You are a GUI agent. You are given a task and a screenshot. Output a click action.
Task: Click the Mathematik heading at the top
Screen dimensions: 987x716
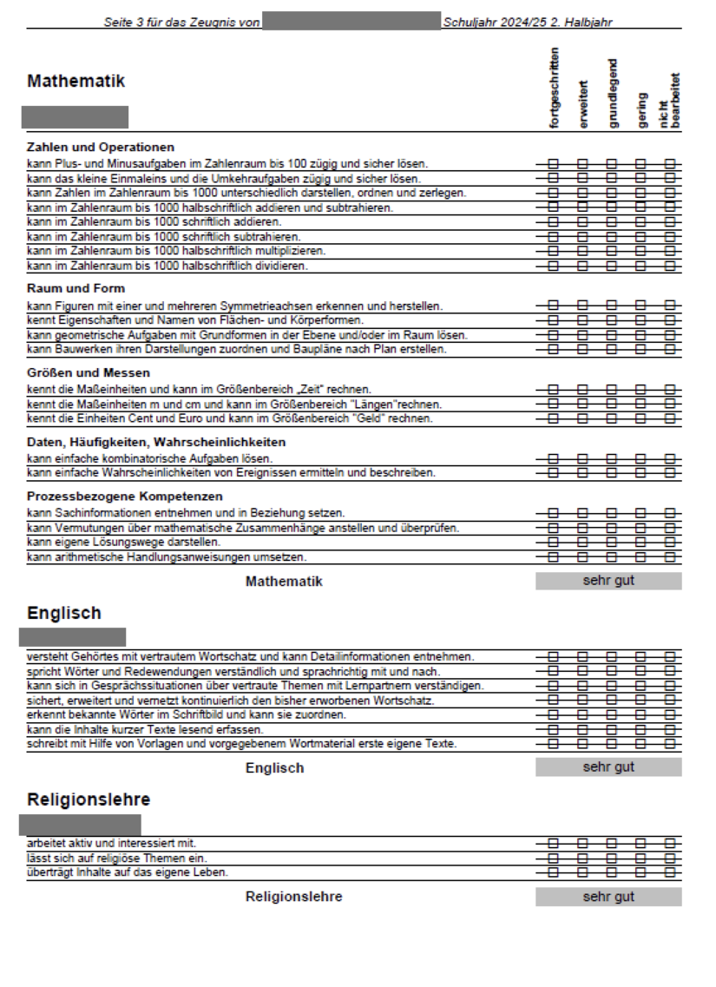pos(76,81)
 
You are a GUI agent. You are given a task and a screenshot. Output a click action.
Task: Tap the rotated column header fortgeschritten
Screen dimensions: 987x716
pos(555,89)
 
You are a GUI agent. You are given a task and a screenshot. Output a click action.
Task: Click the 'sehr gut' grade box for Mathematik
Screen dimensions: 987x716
pos(608,581)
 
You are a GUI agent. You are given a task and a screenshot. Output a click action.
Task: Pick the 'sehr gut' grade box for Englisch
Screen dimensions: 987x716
pos(608,767)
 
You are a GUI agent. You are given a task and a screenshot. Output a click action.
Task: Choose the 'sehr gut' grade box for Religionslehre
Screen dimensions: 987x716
pos(608,897)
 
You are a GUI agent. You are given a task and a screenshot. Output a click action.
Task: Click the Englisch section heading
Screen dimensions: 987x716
pos(64,613)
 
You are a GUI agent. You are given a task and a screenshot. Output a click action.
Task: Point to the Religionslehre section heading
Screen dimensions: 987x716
pos(89,799)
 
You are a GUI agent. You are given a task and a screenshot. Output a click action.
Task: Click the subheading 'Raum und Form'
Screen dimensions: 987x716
pos(76,288)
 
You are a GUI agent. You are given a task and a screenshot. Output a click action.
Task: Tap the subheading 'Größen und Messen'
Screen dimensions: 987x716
pos(89,373)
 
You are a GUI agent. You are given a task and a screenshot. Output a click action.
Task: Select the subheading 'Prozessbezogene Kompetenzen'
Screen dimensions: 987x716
pos(125,497)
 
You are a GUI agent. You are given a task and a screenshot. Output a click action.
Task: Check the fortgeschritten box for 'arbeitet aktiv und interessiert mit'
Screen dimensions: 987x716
pos(554,843)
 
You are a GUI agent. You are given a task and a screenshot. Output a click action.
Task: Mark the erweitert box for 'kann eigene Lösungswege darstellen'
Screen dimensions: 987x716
pos(583,543)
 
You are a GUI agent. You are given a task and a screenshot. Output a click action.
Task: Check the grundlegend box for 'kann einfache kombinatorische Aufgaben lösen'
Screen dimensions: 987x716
pos(612,458)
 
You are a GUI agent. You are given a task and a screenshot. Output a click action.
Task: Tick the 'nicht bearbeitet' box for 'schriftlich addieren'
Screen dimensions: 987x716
pos(670,222)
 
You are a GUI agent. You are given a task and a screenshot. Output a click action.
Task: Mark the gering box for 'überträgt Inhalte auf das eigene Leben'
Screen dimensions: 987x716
pos(641,872)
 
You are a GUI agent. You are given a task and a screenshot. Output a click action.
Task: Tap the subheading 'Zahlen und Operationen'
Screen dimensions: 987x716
pos(101,147)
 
